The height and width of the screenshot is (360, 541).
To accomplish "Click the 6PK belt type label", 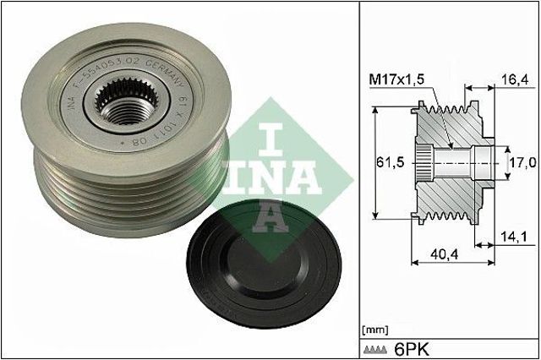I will pyautogui.click(x=412, y=347).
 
